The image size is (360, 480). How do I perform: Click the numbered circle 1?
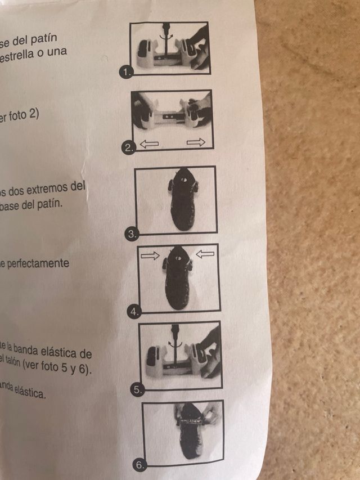127,71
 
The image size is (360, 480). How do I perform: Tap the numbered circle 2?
129,149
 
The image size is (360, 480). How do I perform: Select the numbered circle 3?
131,235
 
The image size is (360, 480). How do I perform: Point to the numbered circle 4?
133,311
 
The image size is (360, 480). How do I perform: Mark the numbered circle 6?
140,465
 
